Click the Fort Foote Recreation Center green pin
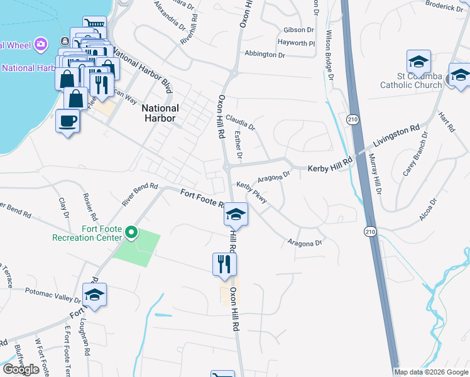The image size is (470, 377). (x=131, y=233)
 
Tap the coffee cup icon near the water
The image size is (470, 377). (x=68, y=121)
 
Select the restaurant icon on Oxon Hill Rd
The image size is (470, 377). (x=224, y=266)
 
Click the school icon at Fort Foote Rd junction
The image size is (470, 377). (x=236, y=216)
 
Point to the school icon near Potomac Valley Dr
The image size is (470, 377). (x=94, y=295)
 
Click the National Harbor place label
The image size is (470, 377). (x=160, y=112)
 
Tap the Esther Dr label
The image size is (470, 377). (x=238, y=145)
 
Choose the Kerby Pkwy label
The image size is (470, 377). (x=253, y=192)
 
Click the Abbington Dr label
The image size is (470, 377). (x=265, y=55)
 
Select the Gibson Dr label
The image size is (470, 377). (x=298, y=30)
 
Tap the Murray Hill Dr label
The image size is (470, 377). (x=374, y=175)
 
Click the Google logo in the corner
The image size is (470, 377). (x=21, y=369)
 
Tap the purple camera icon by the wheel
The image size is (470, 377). (x=41, y=44)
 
